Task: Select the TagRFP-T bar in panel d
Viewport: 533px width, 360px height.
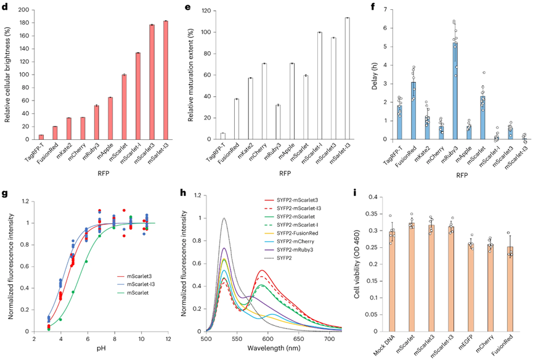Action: pyautogui.click(x=41, y=137)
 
